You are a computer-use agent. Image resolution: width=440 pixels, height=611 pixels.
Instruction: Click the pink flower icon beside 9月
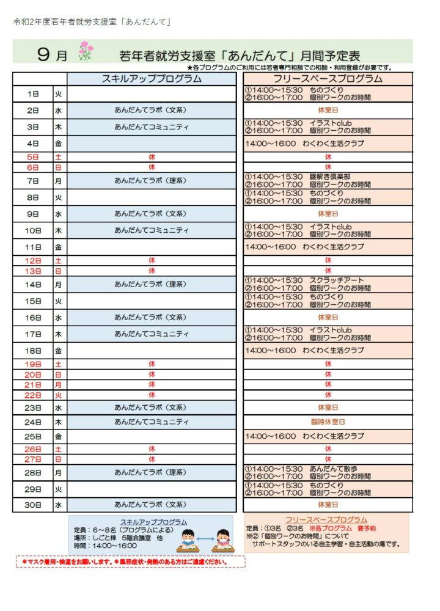(85, 52)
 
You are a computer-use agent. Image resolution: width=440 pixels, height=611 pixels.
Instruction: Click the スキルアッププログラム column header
(152, 79)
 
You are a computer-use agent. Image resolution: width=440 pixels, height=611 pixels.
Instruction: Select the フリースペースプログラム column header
(328, 79)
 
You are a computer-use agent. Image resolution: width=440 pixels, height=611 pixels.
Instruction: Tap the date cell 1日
(33, 94)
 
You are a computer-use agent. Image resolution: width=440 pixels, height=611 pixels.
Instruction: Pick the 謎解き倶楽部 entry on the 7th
(330, 177)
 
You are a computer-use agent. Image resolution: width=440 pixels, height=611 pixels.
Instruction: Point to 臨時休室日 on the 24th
(328, 422)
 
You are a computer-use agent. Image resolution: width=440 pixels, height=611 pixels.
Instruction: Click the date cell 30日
(33, 505)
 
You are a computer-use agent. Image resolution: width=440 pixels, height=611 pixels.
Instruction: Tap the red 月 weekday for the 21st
(59, 385)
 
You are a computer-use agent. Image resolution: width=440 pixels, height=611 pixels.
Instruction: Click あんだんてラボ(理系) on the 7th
(151, 181)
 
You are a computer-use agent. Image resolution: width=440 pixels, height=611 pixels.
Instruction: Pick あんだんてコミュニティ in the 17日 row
(151, 334)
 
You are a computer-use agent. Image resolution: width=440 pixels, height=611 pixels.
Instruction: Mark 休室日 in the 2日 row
(328, 111)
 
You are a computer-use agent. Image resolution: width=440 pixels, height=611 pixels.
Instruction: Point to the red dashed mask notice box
(130, 562)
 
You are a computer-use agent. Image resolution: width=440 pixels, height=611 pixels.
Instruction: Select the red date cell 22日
(33, 395)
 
